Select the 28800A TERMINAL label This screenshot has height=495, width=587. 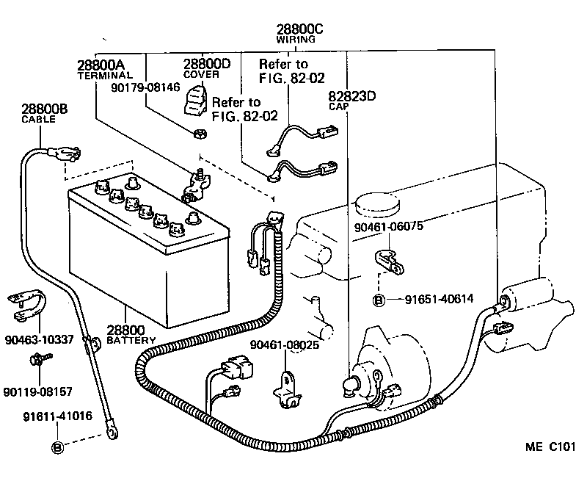pyautogui.click(x=104, y=68)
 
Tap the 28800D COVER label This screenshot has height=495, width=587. pyautogui.click(x=206, y=68)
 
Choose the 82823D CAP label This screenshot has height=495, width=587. pyautogui.click(x=351, y=98)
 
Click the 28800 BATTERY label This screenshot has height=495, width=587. pyautogui.click(x=131, y=335)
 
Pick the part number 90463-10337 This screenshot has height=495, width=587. pyautogui.click(x=38, y=339)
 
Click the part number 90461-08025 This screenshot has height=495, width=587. pyautogui.click(x=283, y=344)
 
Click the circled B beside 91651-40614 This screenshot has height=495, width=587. pyautogui.click(x=379, y=299)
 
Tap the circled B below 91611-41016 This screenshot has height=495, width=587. pyautogui.click(x=57, y=446)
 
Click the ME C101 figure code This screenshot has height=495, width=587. pyautogui.click(x=550, y=447)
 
